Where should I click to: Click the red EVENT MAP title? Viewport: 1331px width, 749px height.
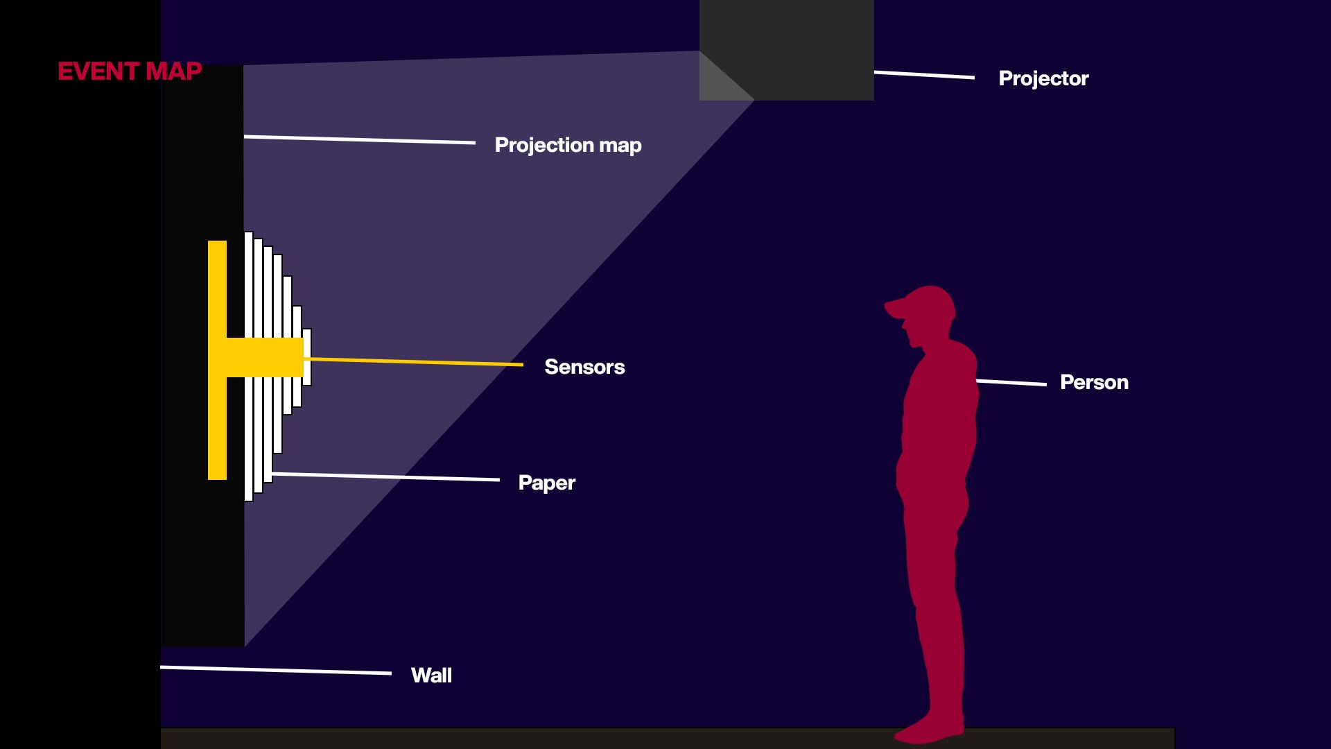pos(130,71)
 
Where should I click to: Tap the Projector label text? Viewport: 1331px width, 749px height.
pos(1043,78)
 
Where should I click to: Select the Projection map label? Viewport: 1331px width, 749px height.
pos(568,145)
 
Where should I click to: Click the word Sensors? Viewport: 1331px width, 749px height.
pos(584,367)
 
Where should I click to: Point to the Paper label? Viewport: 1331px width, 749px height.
pos(546,483)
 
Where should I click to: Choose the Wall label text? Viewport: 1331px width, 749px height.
pos(431,675)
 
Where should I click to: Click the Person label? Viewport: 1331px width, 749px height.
pos(1094,382)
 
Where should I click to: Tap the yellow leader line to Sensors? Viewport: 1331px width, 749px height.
pos(416,361)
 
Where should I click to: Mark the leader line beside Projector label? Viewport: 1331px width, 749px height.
pos(924,74)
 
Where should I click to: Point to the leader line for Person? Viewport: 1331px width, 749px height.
pos(1011,382)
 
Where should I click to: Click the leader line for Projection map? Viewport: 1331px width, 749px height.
pos(360,139)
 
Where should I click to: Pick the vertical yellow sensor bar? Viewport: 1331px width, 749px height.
pos(217,361)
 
